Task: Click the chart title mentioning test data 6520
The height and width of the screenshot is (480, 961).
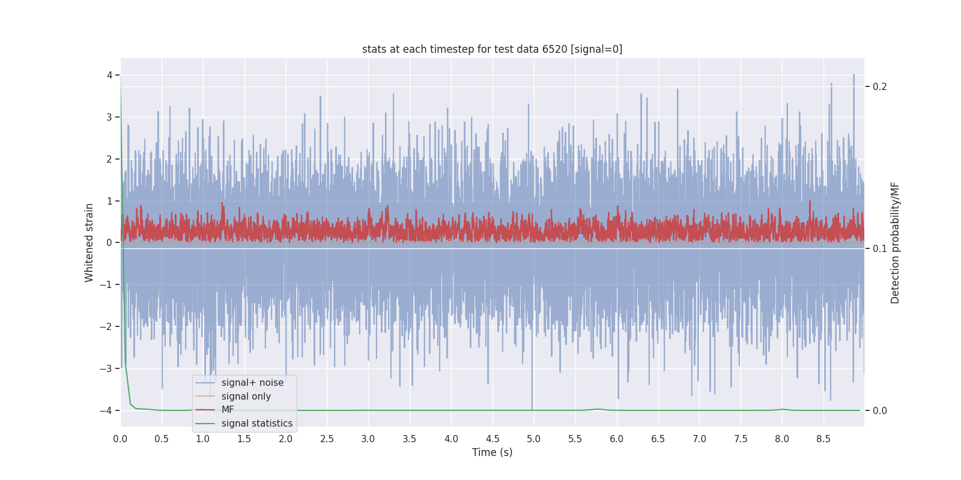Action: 492,49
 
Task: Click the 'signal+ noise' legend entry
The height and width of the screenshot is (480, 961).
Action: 252,383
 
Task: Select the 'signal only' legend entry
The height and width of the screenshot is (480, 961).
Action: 246,397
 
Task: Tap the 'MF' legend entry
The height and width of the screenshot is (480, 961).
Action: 228,410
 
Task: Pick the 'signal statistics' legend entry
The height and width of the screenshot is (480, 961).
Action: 256,424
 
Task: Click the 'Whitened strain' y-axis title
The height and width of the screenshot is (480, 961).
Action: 89,242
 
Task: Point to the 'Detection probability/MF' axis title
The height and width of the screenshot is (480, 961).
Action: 895,242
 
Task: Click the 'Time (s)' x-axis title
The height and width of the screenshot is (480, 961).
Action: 492,452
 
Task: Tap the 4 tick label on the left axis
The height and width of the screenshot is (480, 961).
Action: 109,75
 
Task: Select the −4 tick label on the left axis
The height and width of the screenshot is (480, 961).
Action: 106,410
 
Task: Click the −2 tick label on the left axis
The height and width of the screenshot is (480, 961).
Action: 106,326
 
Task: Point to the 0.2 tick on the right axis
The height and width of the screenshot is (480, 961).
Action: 880,87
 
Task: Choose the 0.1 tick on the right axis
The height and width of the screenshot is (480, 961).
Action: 880,248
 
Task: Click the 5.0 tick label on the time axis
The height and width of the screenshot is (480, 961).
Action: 533,439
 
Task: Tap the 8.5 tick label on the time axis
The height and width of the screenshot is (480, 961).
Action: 823,439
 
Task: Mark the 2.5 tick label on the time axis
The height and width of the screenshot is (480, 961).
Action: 327,439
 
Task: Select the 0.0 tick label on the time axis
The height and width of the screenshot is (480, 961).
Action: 120,439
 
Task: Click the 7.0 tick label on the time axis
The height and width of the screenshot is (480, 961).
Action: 699,439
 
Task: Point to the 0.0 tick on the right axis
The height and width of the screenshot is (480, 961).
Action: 880,410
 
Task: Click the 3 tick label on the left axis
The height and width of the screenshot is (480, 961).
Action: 109,117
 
